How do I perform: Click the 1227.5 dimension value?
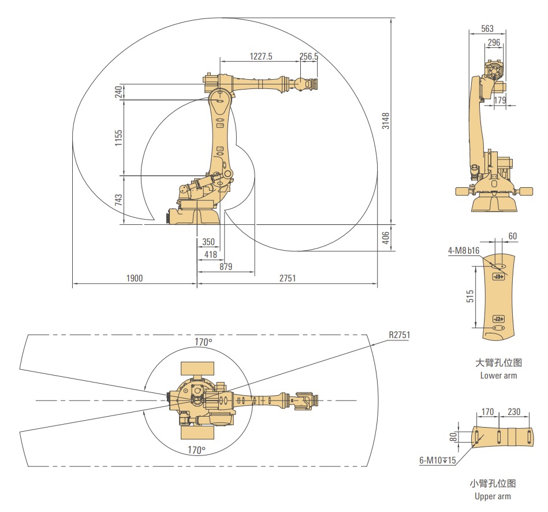coord(261,56)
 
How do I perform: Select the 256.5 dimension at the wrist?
coord(309,56)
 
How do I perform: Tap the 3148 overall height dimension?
coord(385,121)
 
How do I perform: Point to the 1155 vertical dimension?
coord(118,138)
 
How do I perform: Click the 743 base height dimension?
coord(118,199)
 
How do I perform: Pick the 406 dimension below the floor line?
coord(385,238)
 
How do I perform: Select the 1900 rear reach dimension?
coord(135,278)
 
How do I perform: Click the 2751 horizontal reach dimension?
coord(287,278)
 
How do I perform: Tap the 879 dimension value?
coord(226,266)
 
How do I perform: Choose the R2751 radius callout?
coord(399,335)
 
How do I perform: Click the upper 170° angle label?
coord(203,342)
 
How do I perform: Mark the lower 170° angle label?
coord(196,450)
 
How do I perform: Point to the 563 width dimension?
coord(487,29)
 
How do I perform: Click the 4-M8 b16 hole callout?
coord(464,250)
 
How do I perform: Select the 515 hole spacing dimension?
coord(470,296)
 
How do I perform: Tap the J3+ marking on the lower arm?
coord(499,277)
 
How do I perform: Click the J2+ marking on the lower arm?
coord(499,319)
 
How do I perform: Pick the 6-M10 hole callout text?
coord(438,460)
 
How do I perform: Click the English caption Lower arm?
coord(498,376)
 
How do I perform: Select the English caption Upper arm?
coord(493,496)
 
